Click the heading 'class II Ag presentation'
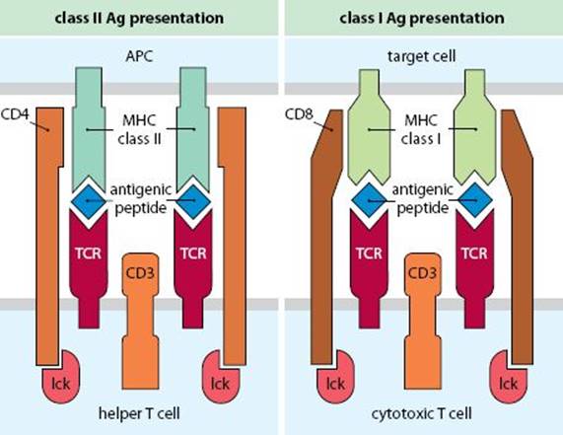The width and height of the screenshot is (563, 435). coord(139,19)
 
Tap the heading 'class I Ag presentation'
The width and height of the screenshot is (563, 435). coord(422,19)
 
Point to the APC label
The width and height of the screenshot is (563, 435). coord(139,56)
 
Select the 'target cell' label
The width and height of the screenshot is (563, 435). coord(422,56)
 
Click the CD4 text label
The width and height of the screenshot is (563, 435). coord(15,114)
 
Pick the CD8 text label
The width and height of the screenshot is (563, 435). coord(299,114)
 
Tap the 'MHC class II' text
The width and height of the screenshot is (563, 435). coord(139,129)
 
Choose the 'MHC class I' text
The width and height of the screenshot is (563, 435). coord(421,129)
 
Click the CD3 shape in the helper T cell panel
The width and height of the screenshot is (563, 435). coord(140,322)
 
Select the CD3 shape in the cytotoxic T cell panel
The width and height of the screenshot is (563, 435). coord(423,322)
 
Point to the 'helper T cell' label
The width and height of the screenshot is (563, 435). coord(139,413)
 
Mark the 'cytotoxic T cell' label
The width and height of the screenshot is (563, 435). coord(422,413)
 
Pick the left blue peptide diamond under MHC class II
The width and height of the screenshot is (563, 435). coord(89,201)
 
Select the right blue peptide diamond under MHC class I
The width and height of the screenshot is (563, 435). coord(474,201)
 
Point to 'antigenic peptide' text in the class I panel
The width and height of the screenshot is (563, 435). coord(423,198)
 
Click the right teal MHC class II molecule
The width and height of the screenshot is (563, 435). coord(193,129)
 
